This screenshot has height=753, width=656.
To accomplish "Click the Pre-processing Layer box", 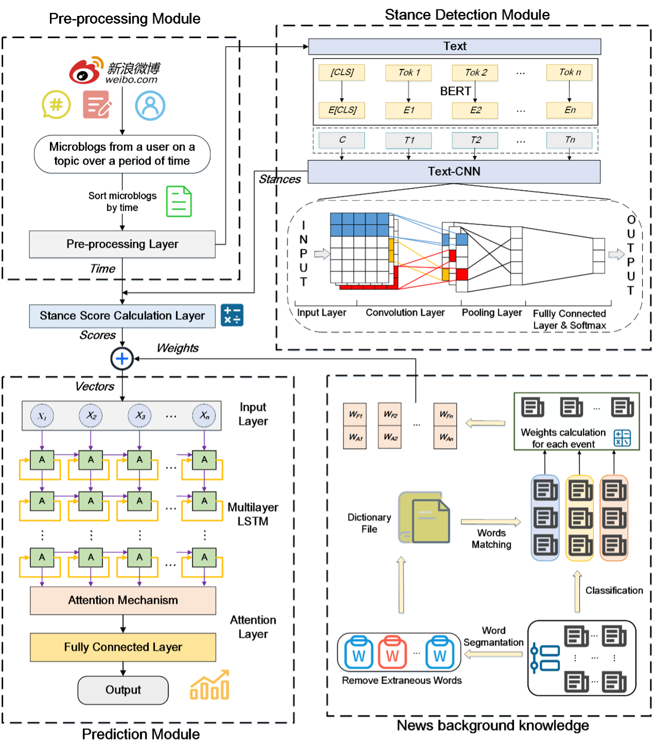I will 122,244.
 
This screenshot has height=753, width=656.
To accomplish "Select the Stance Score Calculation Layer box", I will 122,316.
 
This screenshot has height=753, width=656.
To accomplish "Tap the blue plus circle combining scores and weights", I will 122,358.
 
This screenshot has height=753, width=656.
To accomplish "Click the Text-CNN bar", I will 454,171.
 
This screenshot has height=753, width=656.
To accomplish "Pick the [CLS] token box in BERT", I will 342,73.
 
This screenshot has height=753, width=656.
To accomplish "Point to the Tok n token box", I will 569,73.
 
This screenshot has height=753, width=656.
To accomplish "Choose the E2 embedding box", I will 475,110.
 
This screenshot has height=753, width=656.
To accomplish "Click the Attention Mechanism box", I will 123,600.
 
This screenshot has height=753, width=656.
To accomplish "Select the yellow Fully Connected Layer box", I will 123,647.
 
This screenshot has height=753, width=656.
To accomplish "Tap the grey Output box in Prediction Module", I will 123,690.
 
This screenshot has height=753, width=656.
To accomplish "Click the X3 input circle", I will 140,415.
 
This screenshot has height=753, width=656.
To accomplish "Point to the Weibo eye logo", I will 84,72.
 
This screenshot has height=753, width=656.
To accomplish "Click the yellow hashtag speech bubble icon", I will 56,104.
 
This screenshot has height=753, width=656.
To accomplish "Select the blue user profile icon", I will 150,106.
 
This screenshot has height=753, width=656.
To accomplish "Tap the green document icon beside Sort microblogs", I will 179,201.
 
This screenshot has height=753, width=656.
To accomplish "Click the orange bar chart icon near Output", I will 210,686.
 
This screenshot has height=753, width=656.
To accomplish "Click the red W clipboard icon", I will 392,652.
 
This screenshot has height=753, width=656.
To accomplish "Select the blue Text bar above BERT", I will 454,46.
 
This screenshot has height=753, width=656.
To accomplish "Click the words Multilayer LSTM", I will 253,514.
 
